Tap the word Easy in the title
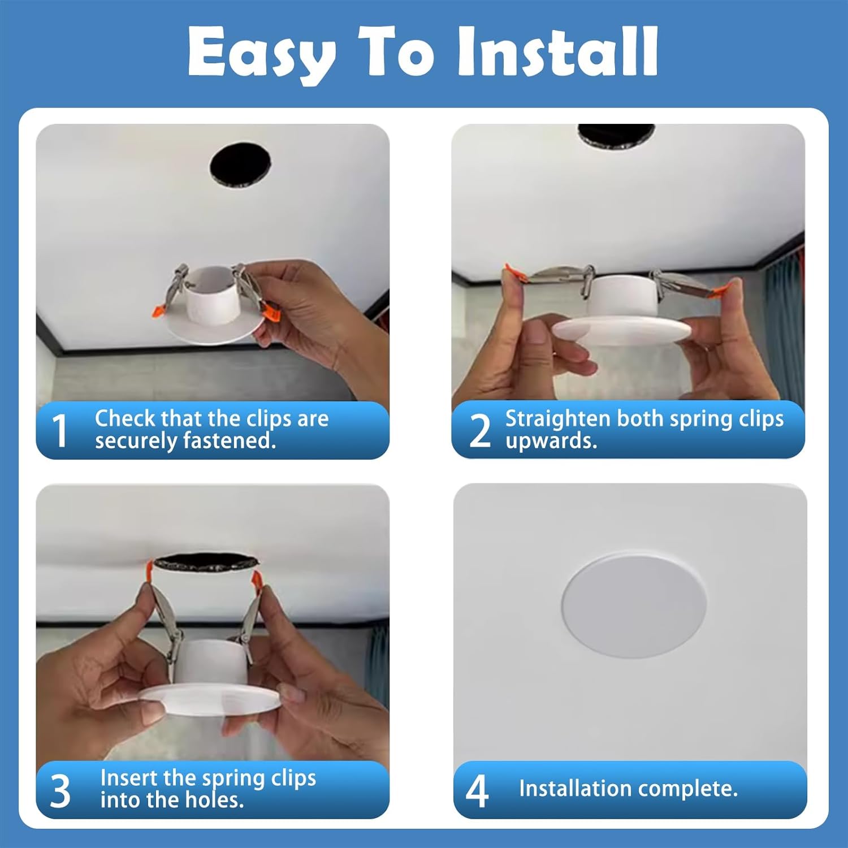tap(262, 55)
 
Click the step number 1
tap(60, 430)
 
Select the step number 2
tap(480, 430)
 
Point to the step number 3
tap(60, 790)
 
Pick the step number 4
tap(477, 790)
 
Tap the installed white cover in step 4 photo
tap(634, 605)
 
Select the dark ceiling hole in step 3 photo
tap(206, 562)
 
